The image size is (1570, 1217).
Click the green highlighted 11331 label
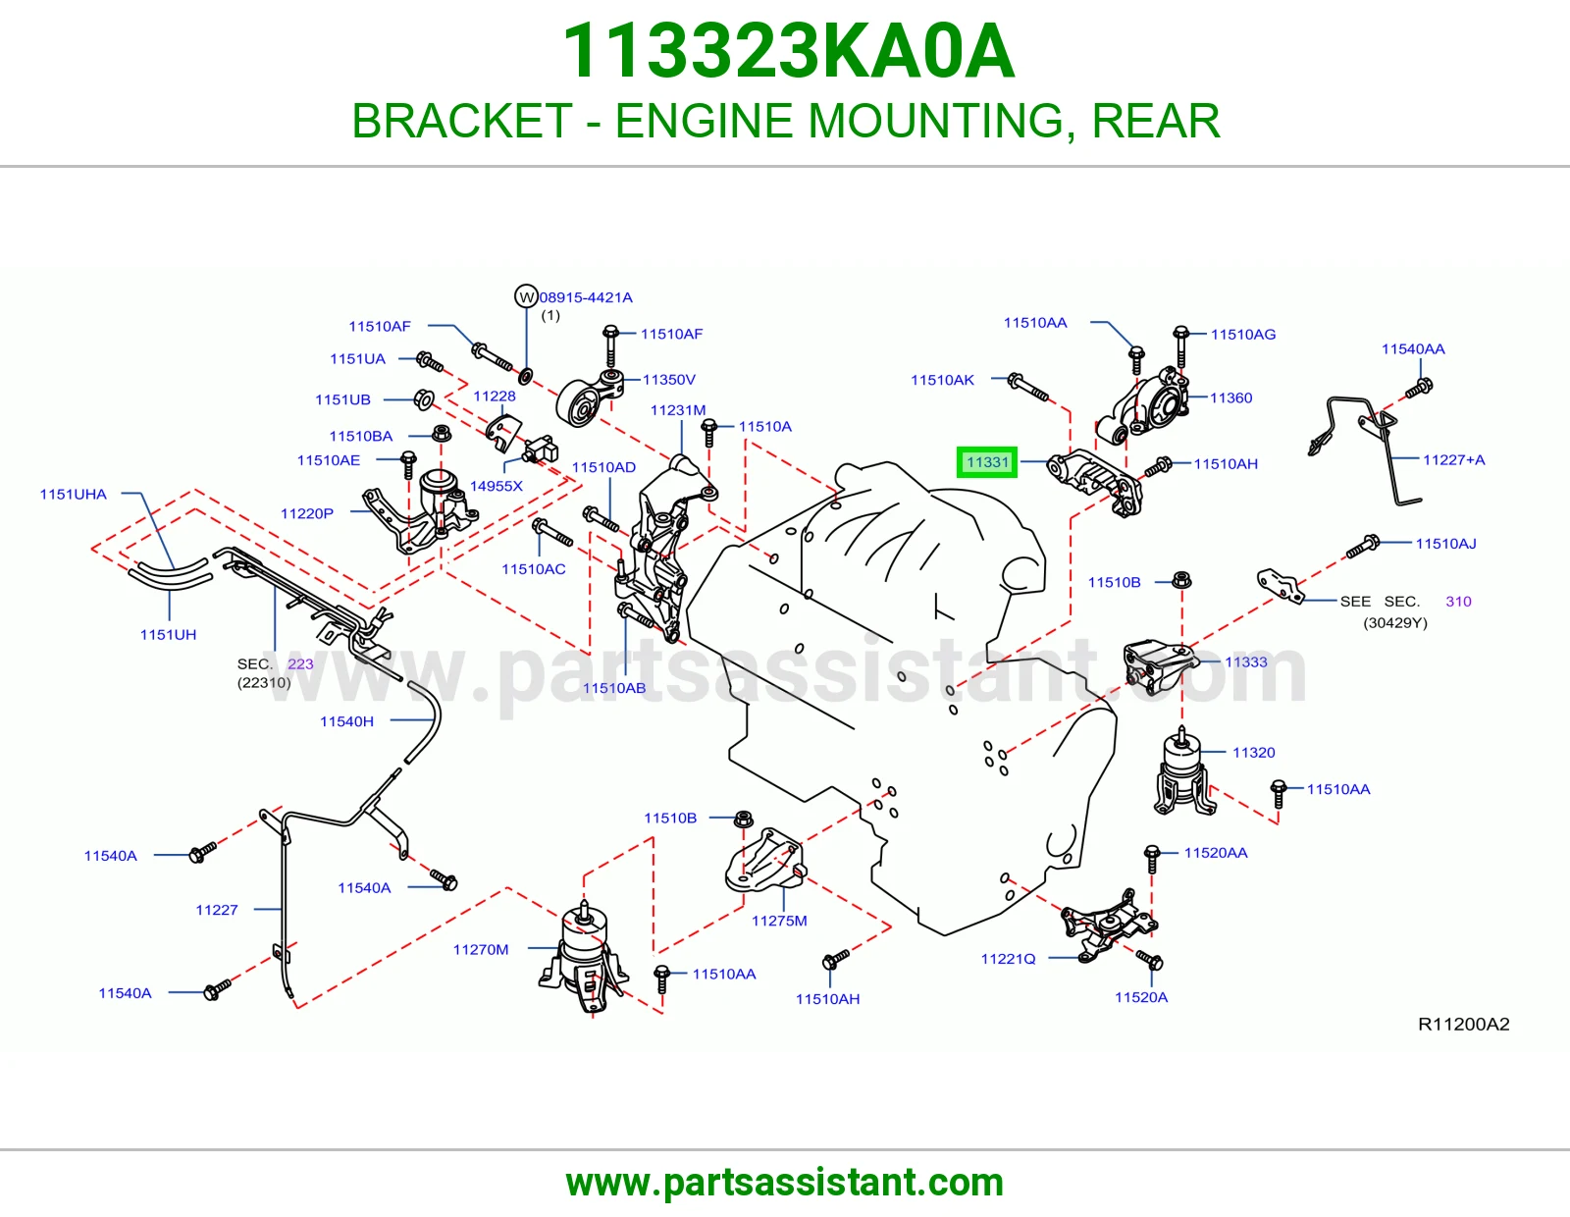point(987,462)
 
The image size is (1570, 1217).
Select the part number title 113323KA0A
point(788,51)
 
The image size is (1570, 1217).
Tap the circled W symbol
point(526,296)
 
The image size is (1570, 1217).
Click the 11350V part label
point(669,380)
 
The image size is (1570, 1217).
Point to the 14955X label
point(497,486)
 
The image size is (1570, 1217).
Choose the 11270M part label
point(481,950)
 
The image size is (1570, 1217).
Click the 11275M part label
point(779,921)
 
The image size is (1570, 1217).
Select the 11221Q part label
point(1008,959)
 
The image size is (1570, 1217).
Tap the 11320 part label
point(1253,753)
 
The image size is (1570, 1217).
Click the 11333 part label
point(1245,661)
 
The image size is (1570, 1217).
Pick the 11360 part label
point(1231,397)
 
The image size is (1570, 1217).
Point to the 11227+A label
point(1453,459)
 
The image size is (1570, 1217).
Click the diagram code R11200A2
point(1464,1024)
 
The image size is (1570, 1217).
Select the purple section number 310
point(1459,602)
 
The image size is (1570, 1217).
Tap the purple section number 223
point(300,663)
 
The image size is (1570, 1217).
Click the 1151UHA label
point(73,495)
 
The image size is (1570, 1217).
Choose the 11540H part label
point(346,721)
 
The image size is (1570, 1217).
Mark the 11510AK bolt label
point(942,380)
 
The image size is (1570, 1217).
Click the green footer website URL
point(785,1183)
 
